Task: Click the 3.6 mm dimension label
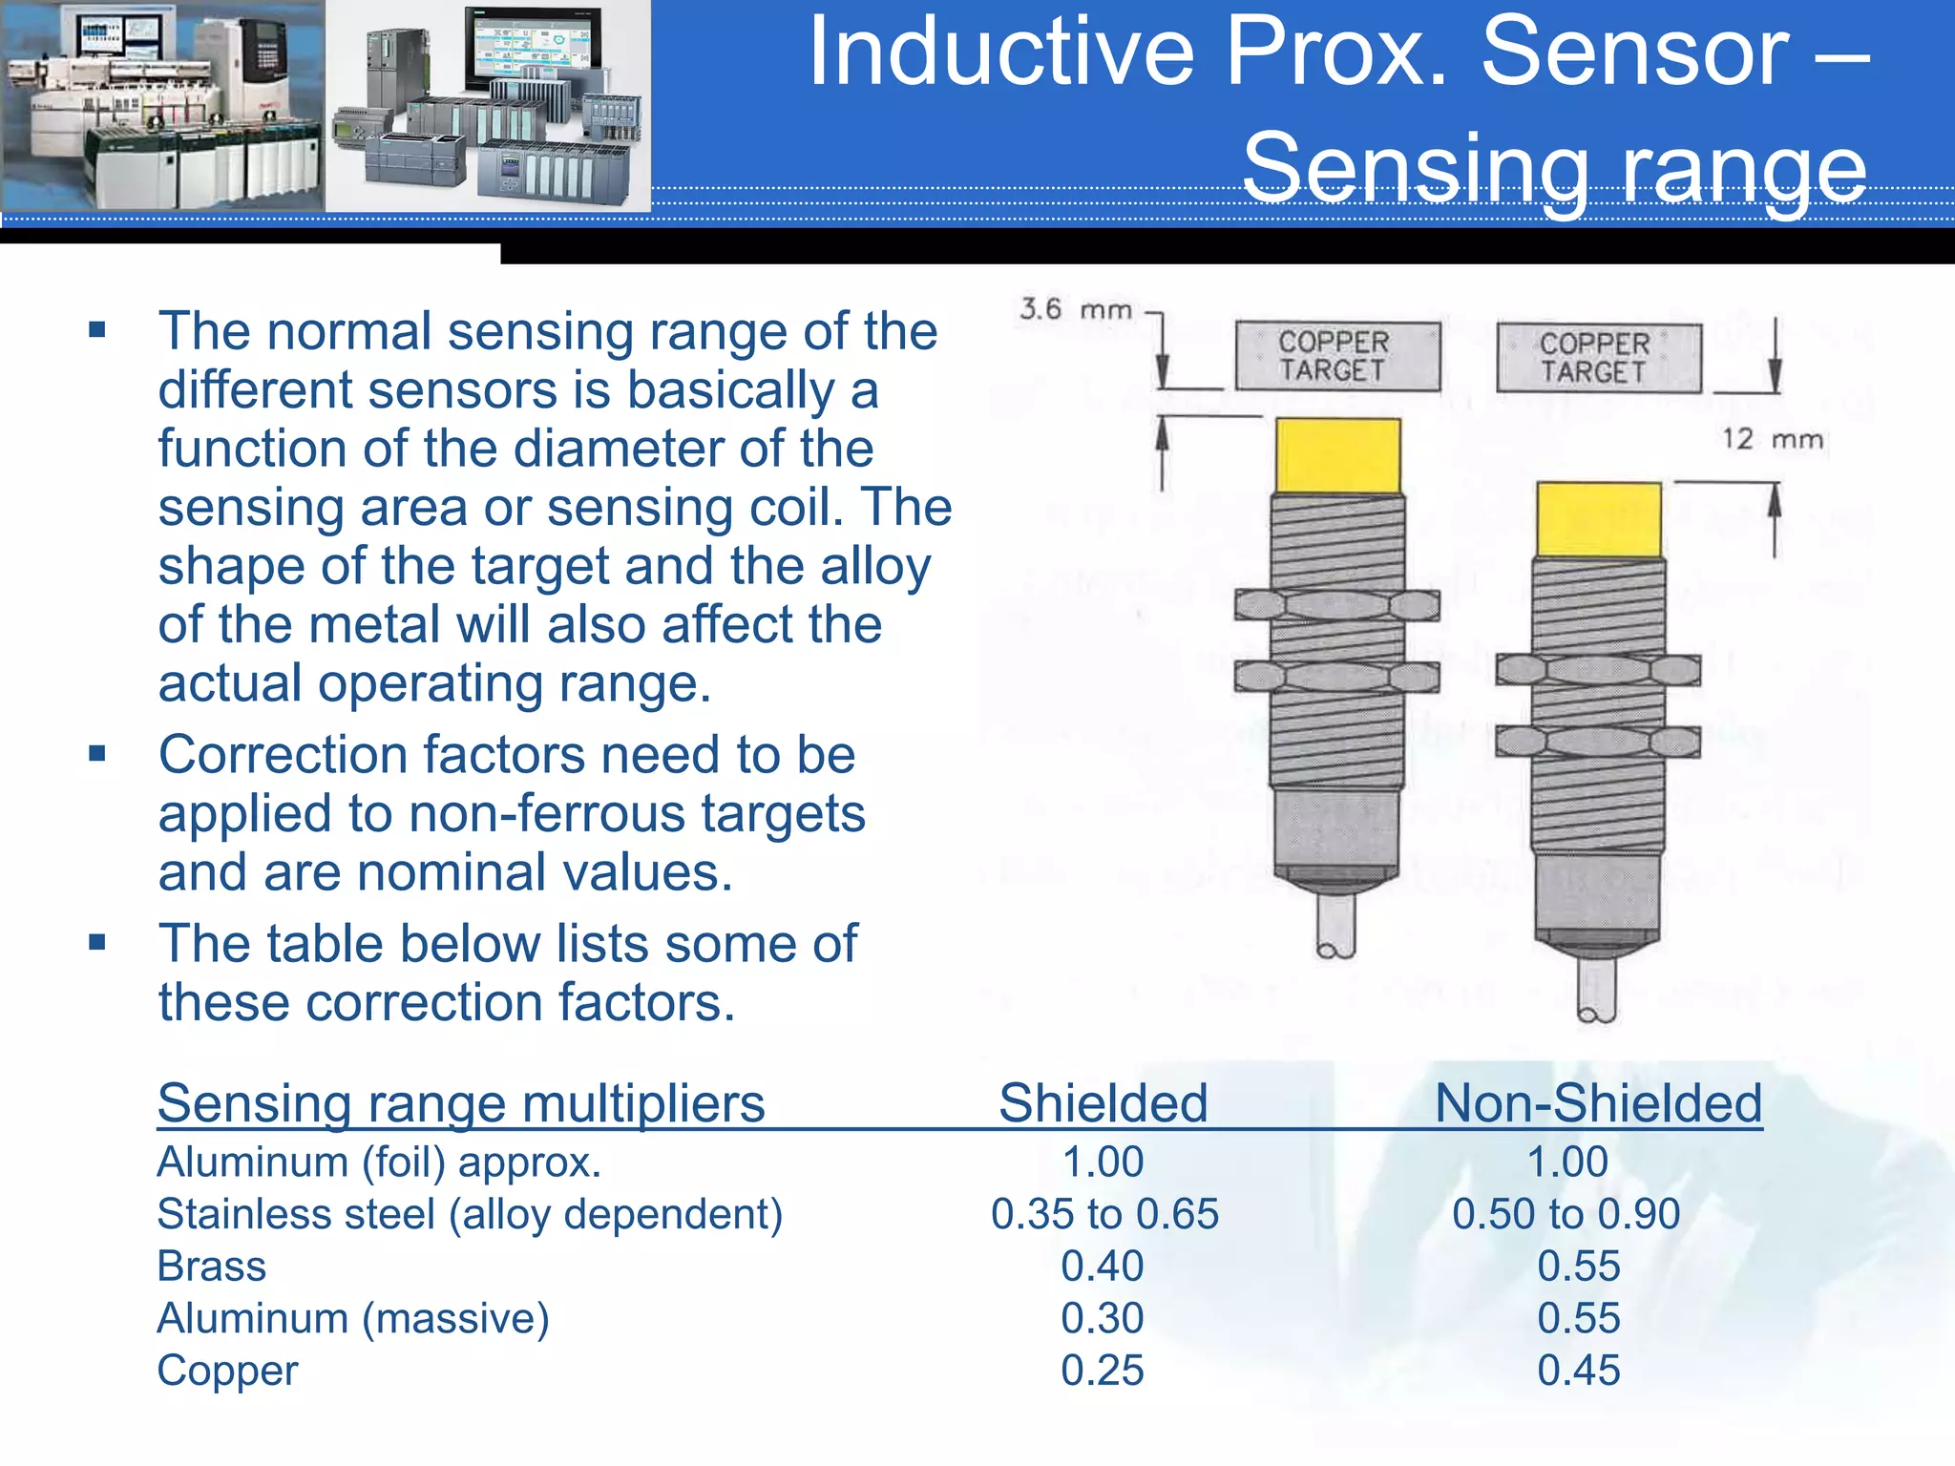click(x=1076, y=309)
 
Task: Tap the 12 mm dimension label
click(x=1772, y=439)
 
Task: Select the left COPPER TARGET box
click(x=1336, y=356)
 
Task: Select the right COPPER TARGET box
click(x=1598, y=358)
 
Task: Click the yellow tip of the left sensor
click(x=1337, y=456)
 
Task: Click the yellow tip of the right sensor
click(x=1598, y=519)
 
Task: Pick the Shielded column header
click(x=1103, y=1103)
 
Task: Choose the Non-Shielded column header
click(x=1598, y=1103)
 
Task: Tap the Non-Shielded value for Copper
click(x=1578, y=1371)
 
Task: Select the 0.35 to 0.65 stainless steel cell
click(x=1104, y=1214)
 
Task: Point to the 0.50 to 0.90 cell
click(x=1566, y=1214)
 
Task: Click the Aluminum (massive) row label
click(x=352, y=1319)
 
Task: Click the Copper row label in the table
click(x=227, y=1371)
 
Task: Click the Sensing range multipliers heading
click(x=461, y=1103)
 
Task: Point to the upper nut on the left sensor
click(x=1336, y=605)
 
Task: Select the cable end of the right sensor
click(x=1596, y=993)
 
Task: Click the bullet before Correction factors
click(x=96, y=754)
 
